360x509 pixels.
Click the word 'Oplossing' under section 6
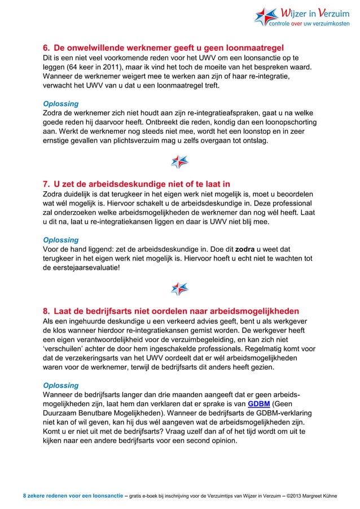[x=60, y=103]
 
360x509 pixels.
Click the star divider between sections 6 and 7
[x=179, y=162]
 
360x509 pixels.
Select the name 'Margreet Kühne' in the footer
[x=323, y=496]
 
